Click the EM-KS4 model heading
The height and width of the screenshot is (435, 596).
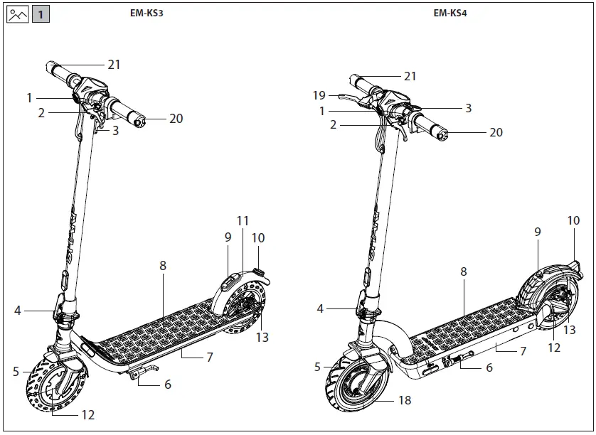[x=449, y=13]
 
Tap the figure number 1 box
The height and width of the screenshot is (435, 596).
[x=41, y=14]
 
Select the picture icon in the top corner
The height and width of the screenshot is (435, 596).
[x=17, y=14]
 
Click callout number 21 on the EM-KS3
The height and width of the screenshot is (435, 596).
[x=114, y=65]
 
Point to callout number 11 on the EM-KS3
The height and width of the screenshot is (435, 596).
[x=243, y=221]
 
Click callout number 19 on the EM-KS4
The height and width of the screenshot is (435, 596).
[x=319, y=95]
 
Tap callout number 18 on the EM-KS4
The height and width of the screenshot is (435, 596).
[x=405, y=401]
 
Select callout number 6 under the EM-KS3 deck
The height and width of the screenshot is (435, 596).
[x=167, y=385]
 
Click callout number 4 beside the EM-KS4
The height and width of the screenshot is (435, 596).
[x=320, y=309]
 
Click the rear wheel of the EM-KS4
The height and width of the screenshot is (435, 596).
[x=548, y=302]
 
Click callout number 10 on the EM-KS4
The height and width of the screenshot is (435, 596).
[x=573, y=221]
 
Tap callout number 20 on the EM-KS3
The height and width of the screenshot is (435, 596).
[x=176, y=119]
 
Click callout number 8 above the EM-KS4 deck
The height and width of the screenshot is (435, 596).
[x=464, y=272]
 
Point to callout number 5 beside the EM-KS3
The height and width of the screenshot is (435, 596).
[x=16, y=370]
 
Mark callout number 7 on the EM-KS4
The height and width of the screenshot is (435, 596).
[x=523, y=352]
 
